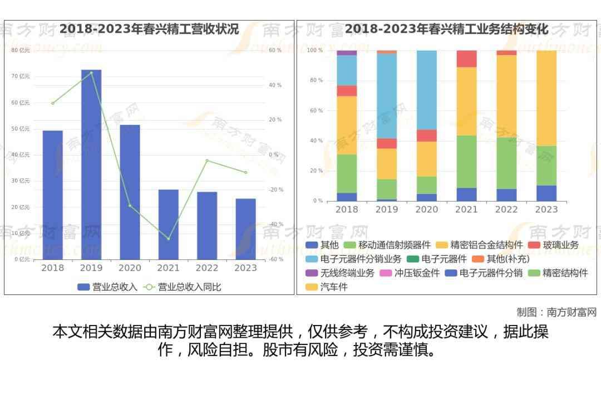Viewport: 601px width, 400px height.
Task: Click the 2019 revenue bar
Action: coord(91,164)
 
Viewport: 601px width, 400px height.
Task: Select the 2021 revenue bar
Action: coord(168,224)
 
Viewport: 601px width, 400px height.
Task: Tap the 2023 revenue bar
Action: coord(245,229)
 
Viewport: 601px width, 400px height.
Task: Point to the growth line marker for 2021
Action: coord(168,239)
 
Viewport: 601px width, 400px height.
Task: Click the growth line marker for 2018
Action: coord(53,103)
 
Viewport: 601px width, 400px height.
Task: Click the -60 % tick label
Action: coord(276,259)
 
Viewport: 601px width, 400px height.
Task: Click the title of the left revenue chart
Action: coord(149,29)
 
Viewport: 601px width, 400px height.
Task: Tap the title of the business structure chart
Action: coord(446,29)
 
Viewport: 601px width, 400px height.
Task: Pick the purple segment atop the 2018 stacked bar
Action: coord(347,53)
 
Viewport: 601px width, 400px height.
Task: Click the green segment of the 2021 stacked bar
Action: coord(466,162)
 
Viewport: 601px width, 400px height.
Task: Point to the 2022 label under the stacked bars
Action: coord(506,209)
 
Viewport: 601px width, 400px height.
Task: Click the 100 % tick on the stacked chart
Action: coord(315,51)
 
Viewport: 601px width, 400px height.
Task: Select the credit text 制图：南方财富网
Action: coord(556,312)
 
